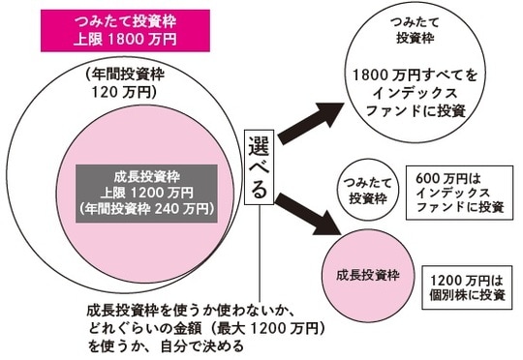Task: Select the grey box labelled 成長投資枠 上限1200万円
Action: [x=148, y=193]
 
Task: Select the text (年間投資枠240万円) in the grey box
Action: [x=148, y=208]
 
